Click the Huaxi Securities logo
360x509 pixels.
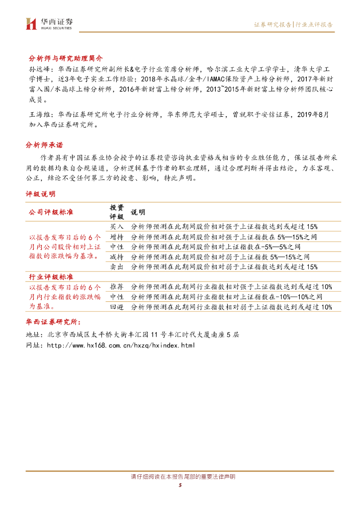(49, 23)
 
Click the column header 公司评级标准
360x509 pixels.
(51, 212)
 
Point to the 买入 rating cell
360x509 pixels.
(117, 226)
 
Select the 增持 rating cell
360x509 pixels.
(117, 236)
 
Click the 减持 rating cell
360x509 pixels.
(117, 256)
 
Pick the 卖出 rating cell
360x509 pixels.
(117, 267)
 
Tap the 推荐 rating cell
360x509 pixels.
(117, 287)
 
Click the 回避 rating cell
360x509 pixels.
(117, 307)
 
